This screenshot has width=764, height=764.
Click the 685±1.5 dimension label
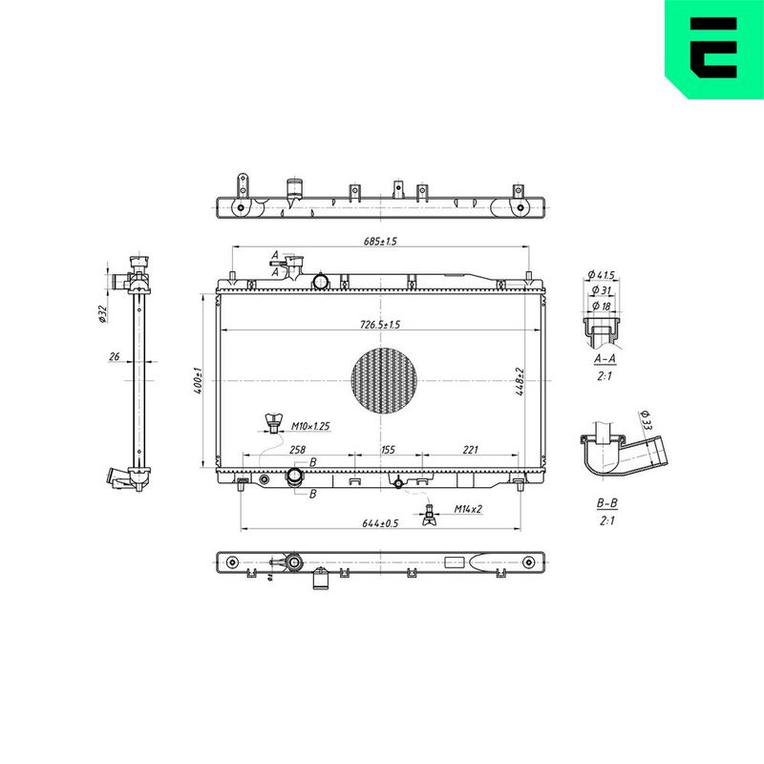click(380, 241)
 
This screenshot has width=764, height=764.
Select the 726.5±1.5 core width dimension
click(380, 325)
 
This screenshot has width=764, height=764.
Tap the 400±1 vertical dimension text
click(199, 380)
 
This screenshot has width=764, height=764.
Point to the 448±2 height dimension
click(520, 381)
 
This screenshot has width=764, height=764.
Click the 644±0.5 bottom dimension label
click(380, 523)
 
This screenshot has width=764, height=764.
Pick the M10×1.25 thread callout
click(310, 426)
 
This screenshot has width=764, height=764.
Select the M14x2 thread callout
click(468, 509)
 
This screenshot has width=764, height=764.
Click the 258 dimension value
click(297, 450)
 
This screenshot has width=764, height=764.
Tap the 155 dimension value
click(388, 450)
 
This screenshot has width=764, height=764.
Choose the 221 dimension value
click(470, 450)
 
